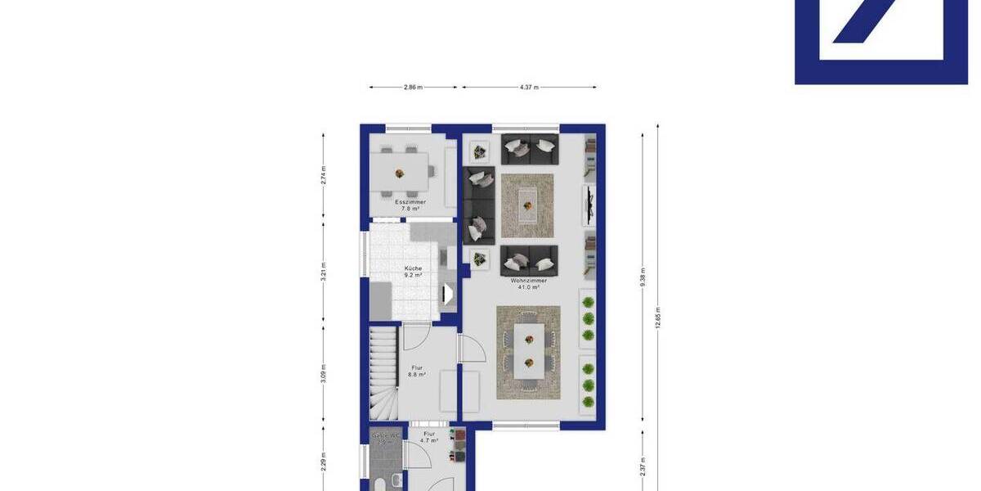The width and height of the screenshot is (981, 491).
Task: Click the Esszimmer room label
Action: [x=410, y=201]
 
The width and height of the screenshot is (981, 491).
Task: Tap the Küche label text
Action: [x=413, y=268]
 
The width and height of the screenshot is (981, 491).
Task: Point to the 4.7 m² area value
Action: [x=429, y=440]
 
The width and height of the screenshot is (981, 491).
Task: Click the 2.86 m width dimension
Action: [x=413, y=87]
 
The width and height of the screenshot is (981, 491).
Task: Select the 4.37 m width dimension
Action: [x=529, y=87]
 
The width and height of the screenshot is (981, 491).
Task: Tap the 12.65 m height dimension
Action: [x=658, y=315]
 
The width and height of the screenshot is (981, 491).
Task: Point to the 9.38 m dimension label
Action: [x=643, y=277]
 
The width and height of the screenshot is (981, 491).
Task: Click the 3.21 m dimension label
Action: [x=324, y=272]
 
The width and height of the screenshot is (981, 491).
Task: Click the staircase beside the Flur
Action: [x=383, y=372]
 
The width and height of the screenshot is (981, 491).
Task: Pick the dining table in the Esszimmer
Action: [x=401, y=173]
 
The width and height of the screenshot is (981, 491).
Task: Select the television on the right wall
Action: [x=589, y=205]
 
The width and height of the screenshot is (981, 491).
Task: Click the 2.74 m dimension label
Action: [x=324, y=174]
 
